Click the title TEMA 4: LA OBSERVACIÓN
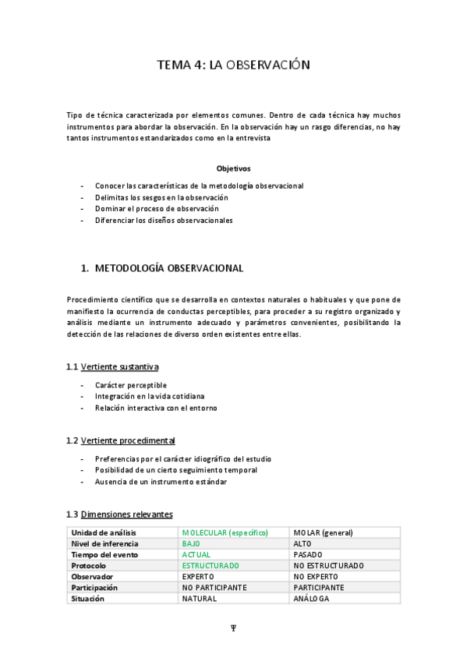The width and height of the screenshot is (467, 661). (x=233, y=65)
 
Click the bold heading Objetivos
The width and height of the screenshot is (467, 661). (x=233, y=168)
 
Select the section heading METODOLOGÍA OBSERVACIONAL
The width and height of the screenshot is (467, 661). (x=168, y=268)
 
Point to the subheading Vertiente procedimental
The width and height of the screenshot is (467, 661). (x=128, y=440)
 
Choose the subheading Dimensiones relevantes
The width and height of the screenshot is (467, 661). (x=126, y=514)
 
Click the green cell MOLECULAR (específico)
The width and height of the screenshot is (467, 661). (x=225, y=533)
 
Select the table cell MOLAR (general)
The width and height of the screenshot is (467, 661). (x=323, y=533)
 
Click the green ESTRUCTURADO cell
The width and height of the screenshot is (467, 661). (x=211, y=566)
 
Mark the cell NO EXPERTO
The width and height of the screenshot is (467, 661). (x=317, y=577)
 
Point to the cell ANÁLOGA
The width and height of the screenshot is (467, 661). (x=311, y=599)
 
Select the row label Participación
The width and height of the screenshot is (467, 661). (x=94, y=588)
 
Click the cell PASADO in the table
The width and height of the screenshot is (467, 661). (x=308, y=555)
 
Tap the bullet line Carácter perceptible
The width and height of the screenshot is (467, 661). (x=130, y=385)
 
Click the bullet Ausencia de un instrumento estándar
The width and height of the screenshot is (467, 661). (x=161, y=482)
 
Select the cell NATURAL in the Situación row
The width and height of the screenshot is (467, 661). (x=199, y=599)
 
